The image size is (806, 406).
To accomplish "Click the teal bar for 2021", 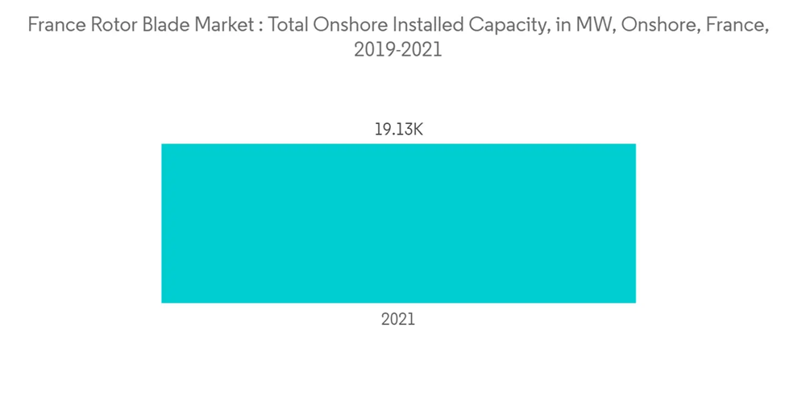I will coord(398,223).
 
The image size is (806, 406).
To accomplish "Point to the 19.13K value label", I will coord(398,129).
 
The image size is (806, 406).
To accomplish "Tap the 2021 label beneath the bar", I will coord(398,319).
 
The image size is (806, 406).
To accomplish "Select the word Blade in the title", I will coord(167,25).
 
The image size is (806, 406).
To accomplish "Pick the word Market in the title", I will coord(222,25).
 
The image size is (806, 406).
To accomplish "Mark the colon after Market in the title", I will coord(260,26).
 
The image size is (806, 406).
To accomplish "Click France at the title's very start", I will coord(55,25).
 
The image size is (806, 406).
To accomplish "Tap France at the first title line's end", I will coord(730,25).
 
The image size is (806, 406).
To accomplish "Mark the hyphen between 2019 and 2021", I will coord(397,51).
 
